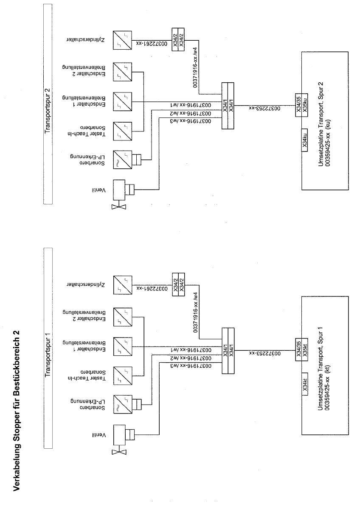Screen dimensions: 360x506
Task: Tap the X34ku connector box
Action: [305, 140]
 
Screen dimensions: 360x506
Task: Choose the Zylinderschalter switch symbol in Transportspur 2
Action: [122, 40]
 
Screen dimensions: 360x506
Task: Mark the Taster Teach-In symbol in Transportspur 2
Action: [122, 131]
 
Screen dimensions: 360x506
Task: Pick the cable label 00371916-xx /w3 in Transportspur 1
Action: [191, 366]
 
